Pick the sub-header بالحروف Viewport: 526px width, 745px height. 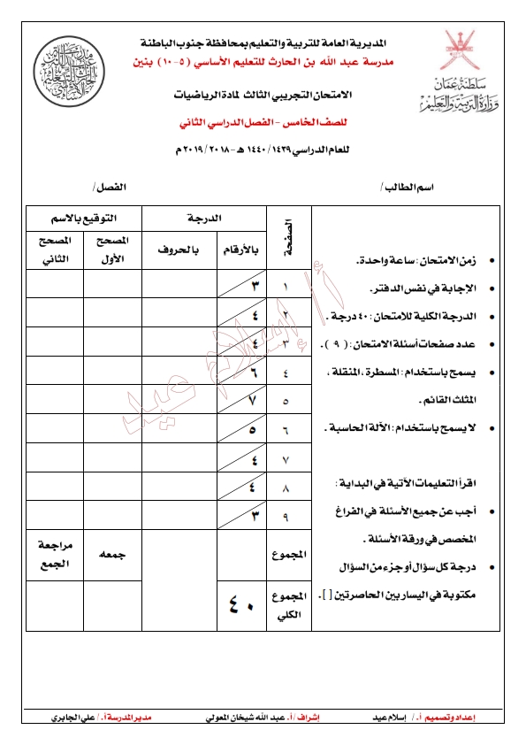coord(179,250)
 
